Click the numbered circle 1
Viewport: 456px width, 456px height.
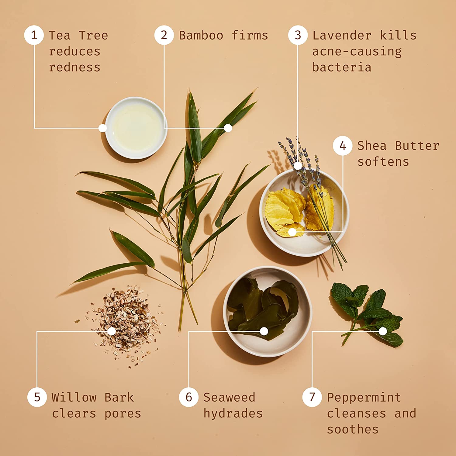tap(34, 35)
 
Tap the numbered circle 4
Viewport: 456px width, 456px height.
tap(343, 146)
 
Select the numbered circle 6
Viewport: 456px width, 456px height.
tap(189, 397)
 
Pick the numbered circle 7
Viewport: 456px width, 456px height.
tap(312, 397)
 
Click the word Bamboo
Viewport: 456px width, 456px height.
tap(201, 36)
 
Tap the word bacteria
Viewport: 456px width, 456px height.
tap(342, 67)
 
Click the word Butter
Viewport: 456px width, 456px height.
tap(417, 146)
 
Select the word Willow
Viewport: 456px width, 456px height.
tap(74, 397)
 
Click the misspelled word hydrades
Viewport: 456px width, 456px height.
tap(233, 413)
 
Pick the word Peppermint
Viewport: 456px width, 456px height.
tap(364, 398)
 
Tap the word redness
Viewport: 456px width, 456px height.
tap(74, 67)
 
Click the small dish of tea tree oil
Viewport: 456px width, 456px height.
tap(136, 128)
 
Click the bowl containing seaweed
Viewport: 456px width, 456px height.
tap(268, 312)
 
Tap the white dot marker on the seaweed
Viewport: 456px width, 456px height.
tap(264, 331)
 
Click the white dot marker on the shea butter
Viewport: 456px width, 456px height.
tap(292, 232)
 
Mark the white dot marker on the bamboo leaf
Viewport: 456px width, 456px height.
tap(228, 128)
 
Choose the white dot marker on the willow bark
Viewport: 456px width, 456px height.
tap(112, 331)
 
